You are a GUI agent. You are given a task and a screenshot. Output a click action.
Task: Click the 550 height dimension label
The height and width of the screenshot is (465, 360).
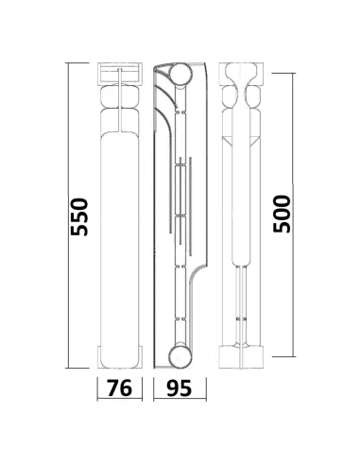click(x=79, y=217)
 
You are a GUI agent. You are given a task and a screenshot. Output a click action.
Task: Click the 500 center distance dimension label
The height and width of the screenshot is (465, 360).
click(x=282, y=215)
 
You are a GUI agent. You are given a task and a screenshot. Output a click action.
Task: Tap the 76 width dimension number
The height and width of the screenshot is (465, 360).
click(x=120, y=387)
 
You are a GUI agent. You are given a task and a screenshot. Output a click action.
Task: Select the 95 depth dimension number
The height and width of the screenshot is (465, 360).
click(x=179, y=387)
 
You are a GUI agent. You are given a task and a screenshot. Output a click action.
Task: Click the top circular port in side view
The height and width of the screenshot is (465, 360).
click(x=181, y=74)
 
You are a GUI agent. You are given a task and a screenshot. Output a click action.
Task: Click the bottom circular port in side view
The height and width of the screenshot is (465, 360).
click(x=180, y=357)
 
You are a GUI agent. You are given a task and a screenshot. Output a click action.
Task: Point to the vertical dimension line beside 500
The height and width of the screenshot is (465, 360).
click(x=293, y=215)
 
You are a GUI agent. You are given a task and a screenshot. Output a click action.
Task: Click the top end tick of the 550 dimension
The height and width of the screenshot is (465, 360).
click(x=77, y=63)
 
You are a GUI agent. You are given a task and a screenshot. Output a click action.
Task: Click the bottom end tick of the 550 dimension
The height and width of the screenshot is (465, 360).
click(x=77, y=368)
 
